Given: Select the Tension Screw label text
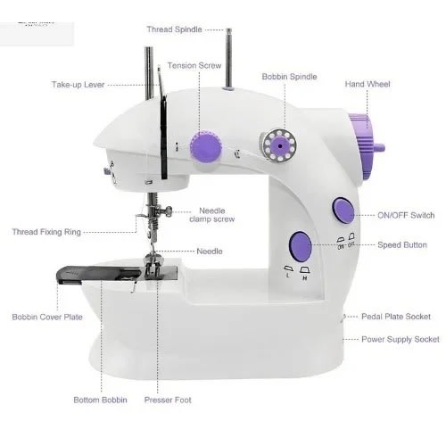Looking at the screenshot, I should pyautogui.click(x=195, y=66).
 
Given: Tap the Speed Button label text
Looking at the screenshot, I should pyautogui.click(x=401, y=244).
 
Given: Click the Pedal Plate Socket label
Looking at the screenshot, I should pyautogui.click(x=395, y=317).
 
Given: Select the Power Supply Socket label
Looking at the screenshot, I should pyautogui.click(x=401, y=339).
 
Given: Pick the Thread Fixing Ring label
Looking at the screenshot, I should pyautogui.click(x=46, y=232).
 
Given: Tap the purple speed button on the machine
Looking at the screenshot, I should pyautogui.click(x=301, y=244).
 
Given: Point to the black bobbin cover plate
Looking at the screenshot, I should pyautogui.click(x=89, y=273).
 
